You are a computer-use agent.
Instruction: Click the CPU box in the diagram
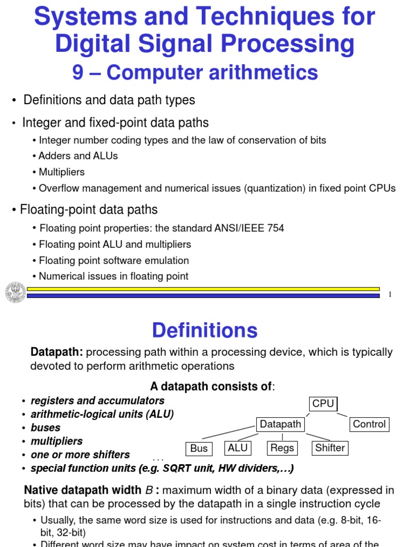(x=323, y=404)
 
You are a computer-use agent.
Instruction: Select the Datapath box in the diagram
(x=280, y=425)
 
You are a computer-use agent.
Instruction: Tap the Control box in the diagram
(x=369, y=425)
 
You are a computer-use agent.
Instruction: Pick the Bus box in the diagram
(x=199, y=449)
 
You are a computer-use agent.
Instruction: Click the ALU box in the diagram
(x=238, y=448)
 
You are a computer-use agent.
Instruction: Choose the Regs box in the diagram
(x=282, y=448)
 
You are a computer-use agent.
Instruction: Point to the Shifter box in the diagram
(x=330, y=448)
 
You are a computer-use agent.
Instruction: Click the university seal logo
(x=15, y=292)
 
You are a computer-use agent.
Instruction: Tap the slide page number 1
(x=390, y=294)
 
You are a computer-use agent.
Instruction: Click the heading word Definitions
(x=204, y=331)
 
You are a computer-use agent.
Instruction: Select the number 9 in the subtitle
(x=78, y=73)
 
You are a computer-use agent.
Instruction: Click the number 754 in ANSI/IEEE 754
(x=275, y=228)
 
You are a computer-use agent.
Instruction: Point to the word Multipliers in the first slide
(x=62, y=172)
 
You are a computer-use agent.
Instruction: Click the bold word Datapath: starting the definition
(x=57, y=352)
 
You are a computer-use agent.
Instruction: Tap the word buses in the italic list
(x=45, y=428)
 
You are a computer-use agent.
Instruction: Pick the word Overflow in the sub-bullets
(x=58, y=188)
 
